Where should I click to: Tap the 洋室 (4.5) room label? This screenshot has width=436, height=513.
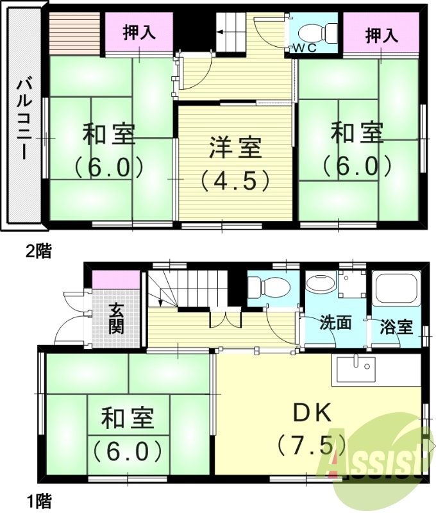tap(235, 163)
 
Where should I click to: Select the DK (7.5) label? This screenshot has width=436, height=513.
tap(312, 427)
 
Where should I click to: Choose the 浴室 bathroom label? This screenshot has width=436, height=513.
tap(396, 326)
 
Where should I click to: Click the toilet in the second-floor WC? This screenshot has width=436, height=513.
tap(318, 32)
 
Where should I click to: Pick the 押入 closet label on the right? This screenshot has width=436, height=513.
tap(382, 35)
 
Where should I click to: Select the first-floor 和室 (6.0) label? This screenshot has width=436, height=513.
tap(128, 435)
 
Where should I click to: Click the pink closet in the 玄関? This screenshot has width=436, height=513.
tap(116, 280)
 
